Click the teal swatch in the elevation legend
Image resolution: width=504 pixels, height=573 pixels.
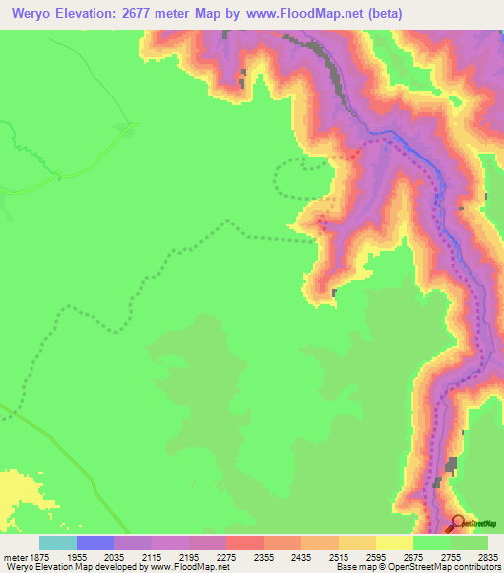point(58,542)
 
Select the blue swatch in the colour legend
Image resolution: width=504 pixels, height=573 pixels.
point(95,542)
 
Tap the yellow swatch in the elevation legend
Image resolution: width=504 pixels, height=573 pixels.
point(395,542)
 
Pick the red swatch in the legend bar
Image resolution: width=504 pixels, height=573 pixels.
point(245,542)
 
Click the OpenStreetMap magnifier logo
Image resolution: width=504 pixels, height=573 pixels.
point(457,524)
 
